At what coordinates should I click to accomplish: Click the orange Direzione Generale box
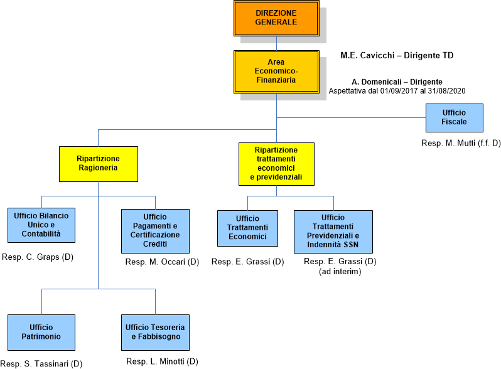pyautogui.click(x=276, y=18)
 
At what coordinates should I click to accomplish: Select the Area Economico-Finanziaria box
pyautogui.click(x=276, y=72)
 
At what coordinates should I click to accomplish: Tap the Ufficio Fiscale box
pyautogui.click(x=455, y=117)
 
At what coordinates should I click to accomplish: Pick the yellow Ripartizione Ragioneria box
pyautogui.click(x=99, y=164)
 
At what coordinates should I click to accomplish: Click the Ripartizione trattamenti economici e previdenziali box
pyautogui.click(x=276, y=164)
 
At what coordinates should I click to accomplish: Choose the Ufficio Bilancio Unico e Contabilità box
pyautogui.click(x=41, y=225)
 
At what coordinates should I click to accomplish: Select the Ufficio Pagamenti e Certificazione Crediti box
pyautogui.click(x=155, y=230)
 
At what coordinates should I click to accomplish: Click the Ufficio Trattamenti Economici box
pyautogui.click(x=247, y=228)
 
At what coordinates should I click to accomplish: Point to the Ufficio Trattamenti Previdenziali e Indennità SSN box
pyautogui.click(x=333, y=231)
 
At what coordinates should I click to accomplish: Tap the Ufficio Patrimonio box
pyautogui.click(x=41, y=332)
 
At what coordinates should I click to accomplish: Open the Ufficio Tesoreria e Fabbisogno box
pyautogui.click(x=155, y=332)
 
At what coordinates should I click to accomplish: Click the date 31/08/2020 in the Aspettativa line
pyautogui.click(x=445, y=91)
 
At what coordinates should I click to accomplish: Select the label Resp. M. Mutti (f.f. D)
pyautogui.click(x=461, y=144)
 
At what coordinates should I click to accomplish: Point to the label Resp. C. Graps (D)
pyautogui.click(x=38, y=257)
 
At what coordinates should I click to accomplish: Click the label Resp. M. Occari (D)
pyautogui.click(x=162, y=262)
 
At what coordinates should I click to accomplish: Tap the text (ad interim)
pyautogui.click(x=340, y=271)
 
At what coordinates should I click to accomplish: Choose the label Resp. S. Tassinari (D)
pyautogui.click(x=41, y=363)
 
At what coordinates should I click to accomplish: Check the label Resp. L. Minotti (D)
pyautogui.click(x=162, y=361)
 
